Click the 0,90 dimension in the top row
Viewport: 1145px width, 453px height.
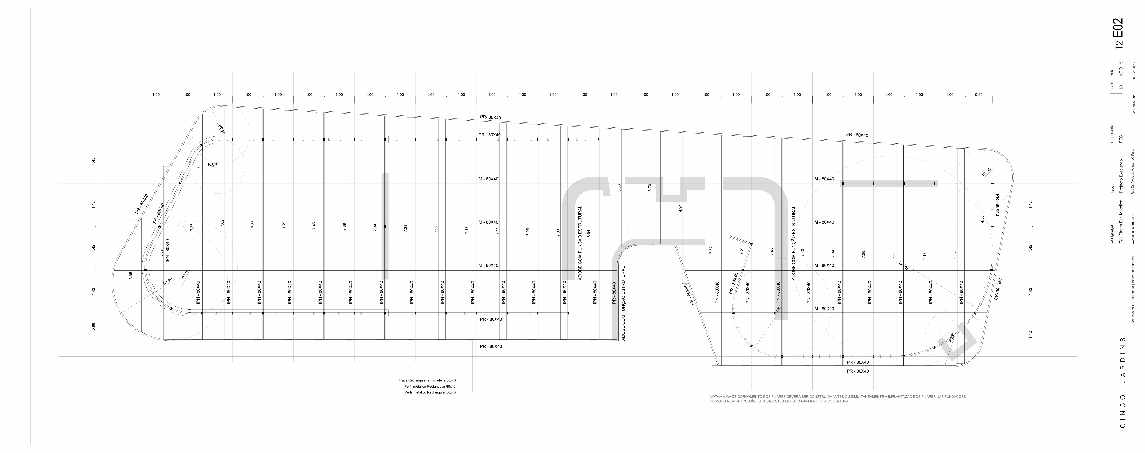pyautogui.click(x=979, y=95)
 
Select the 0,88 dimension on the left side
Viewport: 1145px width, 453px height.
pyautogui.click(x=93, y=326)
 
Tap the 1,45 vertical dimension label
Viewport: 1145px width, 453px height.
pyautogui.click(x=93, y=161)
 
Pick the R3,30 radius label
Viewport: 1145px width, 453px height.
pyautogui.click(x=904, y=266)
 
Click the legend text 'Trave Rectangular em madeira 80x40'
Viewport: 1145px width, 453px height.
pyautogui.click(x=427, y=380)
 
